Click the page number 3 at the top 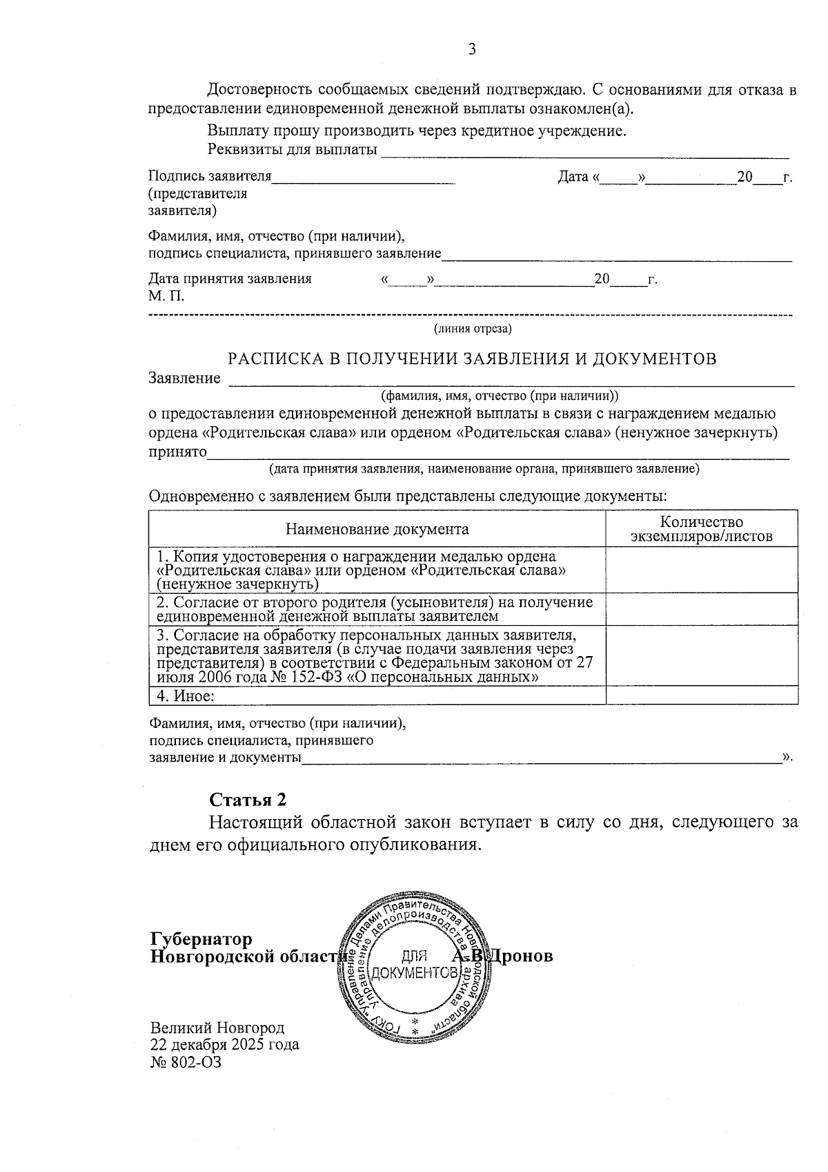[x=472, y=49]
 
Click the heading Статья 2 [x=248, y=799]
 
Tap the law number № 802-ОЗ [x=186, y=1062]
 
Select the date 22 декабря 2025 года [x=224, y=1044]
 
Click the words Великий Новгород [x=217, y=1027]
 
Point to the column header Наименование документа [x=377, y=529]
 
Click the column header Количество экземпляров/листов [x=701, y=529]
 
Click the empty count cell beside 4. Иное [x=701, y=695]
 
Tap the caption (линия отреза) [x=472, y=329]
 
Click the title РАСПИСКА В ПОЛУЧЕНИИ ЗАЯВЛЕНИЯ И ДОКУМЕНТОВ [x=472, y=358]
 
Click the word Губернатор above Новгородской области [x=201, y=939]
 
